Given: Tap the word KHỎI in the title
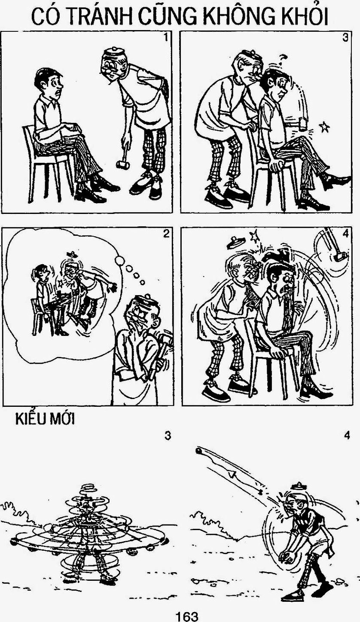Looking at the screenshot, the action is click(x=305, y=17).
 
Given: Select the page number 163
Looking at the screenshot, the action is click(x=187, y=615).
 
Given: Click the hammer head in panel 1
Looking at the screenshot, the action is click(x=122, y=165).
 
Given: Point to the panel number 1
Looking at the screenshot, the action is click(x=166, y=37).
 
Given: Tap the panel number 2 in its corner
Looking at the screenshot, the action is click(x=166, y=234).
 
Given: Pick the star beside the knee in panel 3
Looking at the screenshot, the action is click(x=324, y=127).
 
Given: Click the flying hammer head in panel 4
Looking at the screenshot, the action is click(x=340, y=256).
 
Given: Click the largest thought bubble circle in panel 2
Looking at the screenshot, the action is click(x=120, y=261).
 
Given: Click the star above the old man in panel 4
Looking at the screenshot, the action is click(x=254, y=236).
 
